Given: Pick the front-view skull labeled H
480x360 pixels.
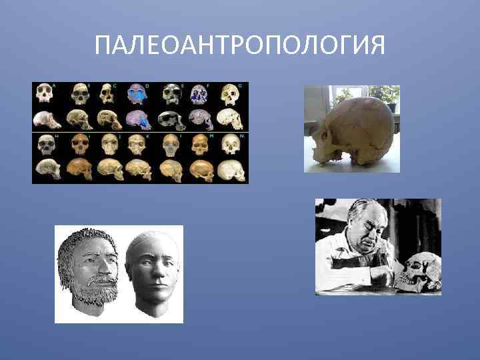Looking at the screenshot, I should pyautogui.click(x=45, y=144).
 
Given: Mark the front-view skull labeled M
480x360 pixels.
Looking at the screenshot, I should pyautogui.click(x=200, y=144).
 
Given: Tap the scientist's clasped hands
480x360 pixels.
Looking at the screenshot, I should pyautogui.click(x=380, y=273).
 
